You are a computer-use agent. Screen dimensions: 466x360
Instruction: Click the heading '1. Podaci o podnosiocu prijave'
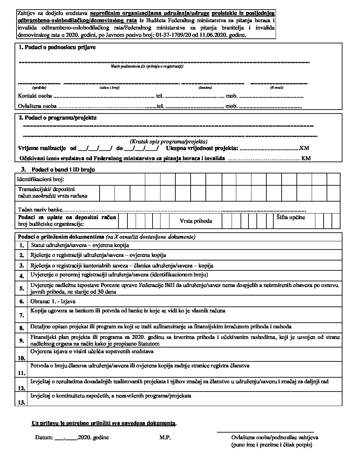pyautogui.click(x=57, y=47)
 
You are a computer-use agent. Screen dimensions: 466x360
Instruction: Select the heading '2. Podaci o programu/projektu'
pyautogui.click(x=58, y=118)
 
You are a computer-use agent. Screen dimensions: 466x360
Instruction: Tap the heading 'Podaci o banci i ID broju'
pyautogui.click(x=63, y=169)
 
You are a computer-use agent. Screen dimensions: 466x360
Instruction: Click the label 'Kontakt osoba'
pyautogui.click(x=35, y=96)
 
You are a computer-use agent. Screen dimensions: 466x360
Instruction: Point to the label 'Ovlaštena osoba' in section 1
pyautogui.click(x=37, y=106)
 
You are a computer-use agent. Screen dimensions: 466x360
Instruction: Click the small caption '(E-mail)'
pyautogui.click(x=277, y=88)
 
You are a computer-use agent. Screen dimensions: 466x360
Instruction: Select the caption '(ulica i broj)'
pyautogui.click(x=109, y=88)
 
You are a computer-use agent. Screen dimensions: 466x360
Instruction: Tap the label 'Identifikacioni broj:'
pyautogui.click(x=41, y=179)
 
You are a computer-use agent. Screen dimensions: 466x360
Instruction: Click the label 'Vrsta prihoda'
pyautogui.click(x=196, y=221)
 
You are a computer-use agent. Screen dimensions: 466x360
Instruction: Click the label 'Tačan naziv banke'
pyautogui.click(x=40, y=210)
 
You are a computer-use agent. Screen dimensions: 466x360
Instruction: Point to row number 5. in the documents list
pyautogui.click(x=22, y=288)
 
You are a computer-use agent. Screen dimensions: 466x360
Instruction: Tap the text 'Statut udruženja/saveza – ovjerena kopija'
pyautogui.click(x=80, y=245)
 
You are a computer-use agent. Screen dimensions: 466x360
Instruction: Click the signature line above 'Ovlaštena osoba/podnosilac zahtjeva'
pyautogui.click(x=265, y=432)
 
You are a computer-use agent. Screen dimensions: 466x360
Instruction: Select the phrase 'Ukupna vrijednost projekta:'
pyautogui.click(x=202, y=148)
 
